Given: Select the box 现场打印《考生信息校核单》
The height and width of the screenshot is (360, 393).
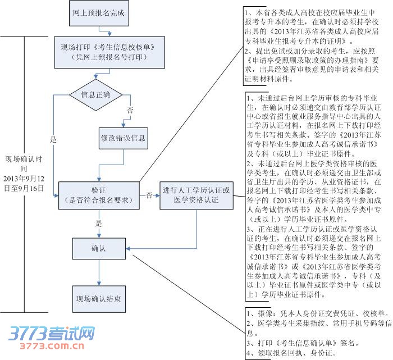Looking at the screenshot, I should click(104, 51).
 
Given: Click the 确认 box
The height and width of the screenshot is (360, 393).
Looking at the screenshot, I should click(98, 248).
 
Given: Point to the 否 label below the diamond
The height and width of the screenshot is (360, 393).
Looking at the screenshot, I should click(131, 111).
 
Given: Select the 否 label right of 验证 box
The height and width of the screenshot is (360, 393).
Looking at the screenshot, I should click(149, 195).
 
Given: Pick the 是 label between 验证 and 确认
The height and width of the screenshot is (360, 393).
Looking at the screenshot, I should click(98, 223).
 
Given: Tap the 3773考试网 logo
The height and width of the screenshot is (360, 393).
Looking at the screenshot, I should click(51, 335).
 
